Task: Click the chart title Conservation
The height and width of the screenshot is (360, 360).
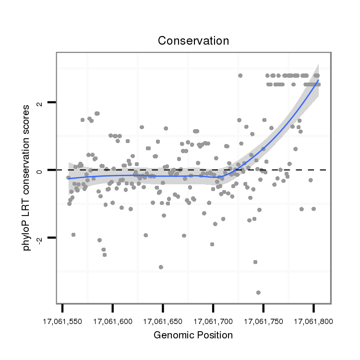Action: pyautogui.click(x=193, y=41)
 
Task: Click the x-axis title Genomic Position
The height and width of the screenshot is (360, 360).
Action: pyautogui.click(x=193, y=335)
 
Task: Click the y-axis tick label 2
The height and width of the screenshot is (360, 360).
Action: pyautogui.click(x=41, y=103)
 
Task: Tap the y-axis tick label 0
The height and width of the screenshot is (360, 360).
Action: pyautogui.click(x=41, y=170)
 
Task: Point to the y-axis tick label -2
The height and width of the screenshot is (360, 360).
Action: pyautogui.click(x=41, y=238)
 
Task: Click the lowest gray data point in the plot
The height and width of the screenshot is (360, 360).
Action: pyautogui.click(x=258, y=292)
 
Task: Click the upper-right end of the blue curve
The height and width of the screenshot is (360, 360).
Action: pyautogui.click(x=318, y=80)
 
